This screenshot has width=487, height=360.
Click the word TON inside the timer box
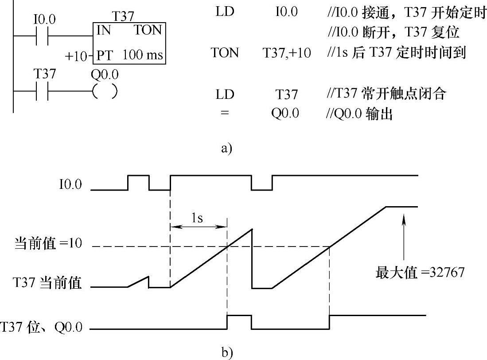[148, 31]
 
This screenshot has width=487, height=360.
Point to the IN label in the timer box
[104, 31]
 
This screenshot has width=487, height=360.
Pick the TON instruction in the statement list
[225, 53]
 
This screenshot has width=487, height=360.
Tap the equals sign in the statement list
[224, 113]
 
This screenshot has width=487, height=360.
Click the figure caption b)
[226, 352]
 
